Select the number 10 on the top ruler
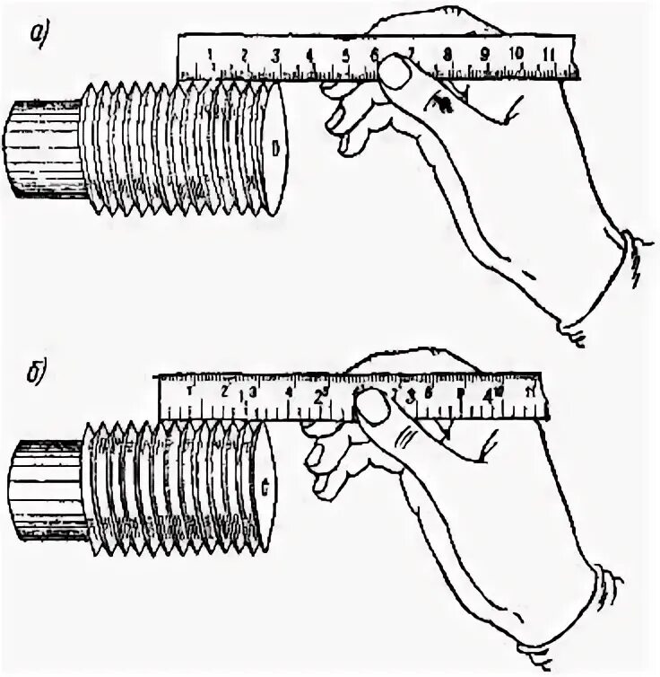pos(516,53)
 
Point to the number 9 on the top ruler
pos(483,54)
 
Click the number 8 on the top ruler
pos(446,54)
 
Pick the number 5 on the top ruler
pos(345,54)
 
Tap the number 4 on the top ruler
pos(309,54)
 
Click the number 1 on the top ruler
pos(209,54)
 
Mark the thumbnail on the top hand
pos(393,73)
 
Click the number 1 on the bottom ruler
pos(188,391)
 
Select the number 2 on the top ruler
pos(244,54)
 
